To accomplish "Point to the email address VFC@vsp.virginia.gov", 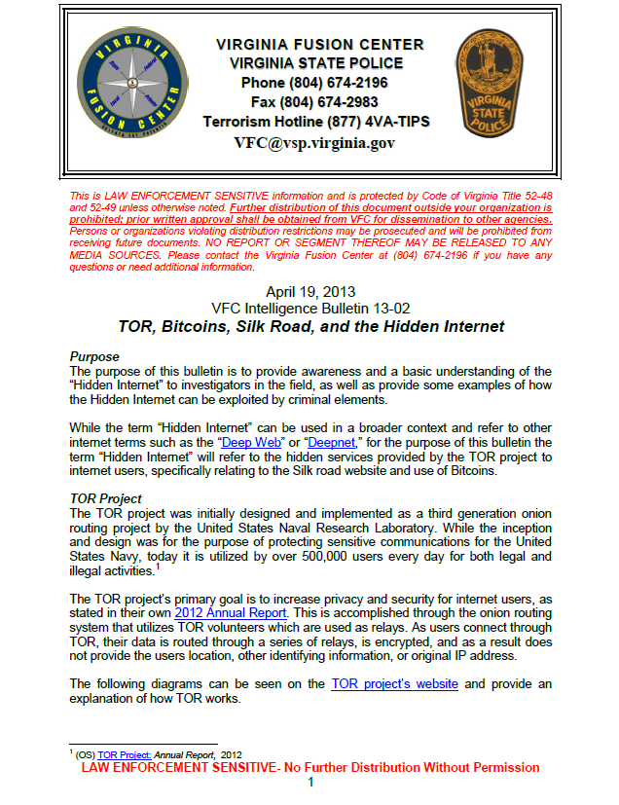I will point(314,142).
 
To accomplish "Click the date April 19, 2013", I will point(310,291).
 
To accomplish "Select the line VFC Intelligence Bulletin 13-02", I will point(310,309).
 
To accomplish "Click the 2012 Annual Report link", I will point(231,613).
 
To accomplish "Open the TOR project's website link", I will point(394,684).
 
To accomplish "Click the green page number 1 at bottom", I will point(310,783).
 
